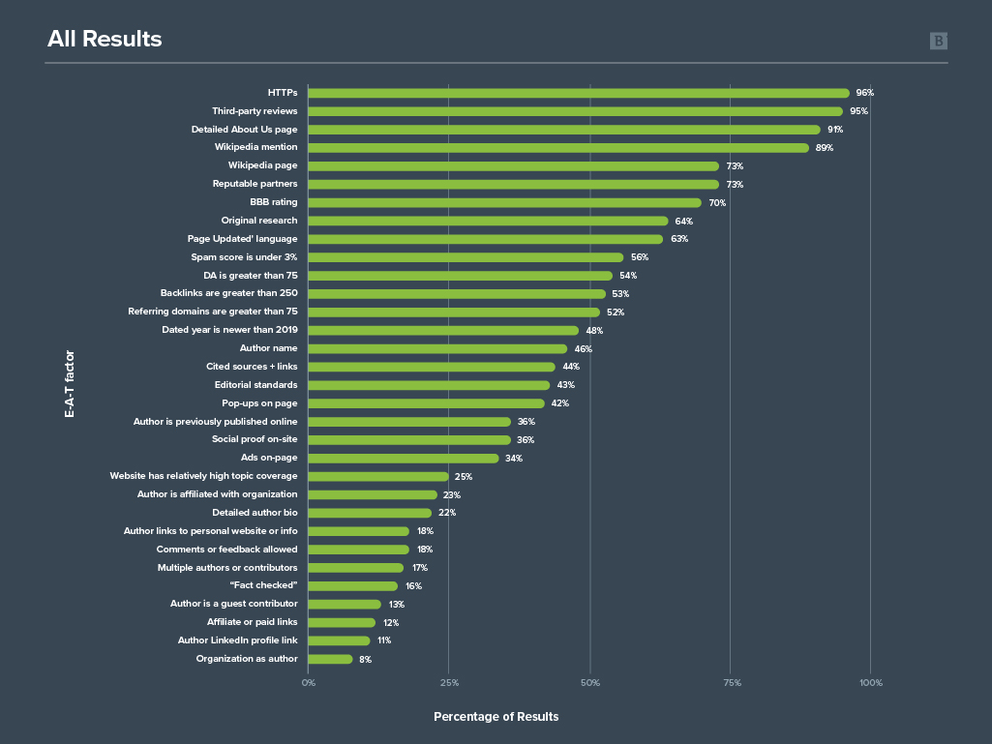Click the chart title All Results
[105, 40]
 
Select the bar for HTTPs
[578, 93]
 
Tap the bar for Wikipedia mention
[557, 148]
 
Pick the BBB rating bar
[504, 203]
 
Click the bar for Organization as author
[330, 659]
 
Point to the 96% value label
[864, 93]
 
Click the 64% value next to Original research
[683, 222]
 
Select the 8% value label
[365, 660]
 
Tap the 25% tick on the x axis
[449, 683]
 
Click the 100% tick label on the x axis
[871, 683]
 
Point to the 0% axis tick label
[308, 683]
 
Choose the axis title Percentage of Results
[496, 717]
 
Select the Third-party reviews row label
[255, 111]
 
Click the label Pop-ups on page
[259, 403]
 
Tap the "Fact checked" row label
[263, 585]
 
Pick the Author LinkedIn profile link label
[237, 640]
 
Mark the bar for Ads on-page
[403, 459]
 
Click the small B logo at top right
[938, 41]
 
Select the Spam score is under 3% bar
[466, 257]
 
